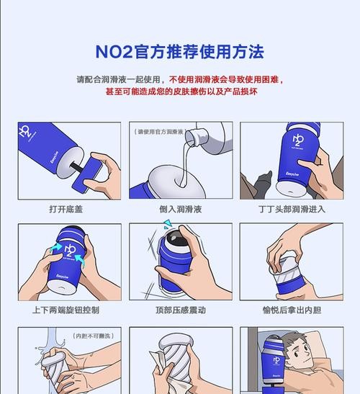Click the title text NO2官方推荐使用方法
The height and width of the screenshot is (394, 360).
(x=179, y=52)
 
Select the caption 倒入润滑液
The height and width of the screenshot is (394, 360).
(x=179, y=210)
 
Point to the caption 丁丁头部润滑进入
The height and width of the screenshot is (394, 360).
(x=292, y=210)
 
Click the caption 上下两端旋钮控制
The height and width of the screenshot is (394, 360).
(x=66, y=310)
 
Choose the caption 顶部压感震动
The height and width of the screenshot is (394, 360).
(x=179, y=310)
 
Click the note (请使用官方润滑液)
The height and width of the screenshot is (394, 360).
(x=159, y=132)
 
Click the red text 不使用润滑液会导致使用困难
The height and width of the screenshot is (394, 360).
(x=227, y=79)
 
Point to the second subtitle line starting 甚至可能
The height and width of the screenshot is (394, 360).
(x=179, y=92)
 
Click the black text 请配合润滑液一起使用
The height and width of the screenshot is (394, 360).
(x=119, y=79)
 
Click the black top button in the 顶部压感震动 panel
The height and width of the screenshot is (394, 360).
(x=174, y=241)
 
